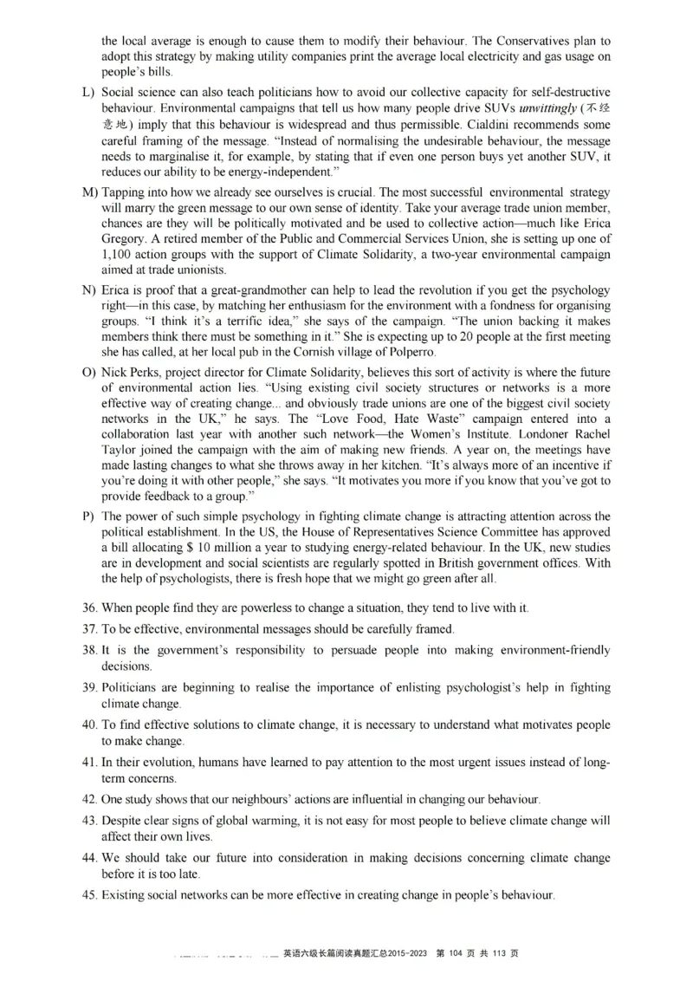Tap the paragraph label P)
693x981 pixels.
click(88, 516)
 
